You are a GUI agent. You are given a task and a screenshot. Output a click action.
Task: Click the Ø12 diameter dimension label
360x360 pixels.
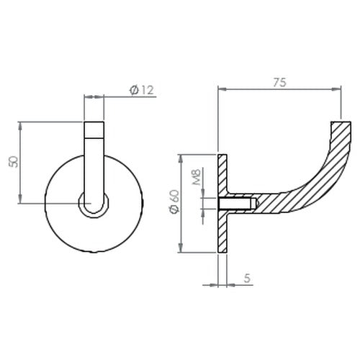(141, 90)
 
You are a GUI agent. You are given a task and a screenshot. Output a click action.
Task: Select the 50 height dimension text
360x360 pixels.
(13, 162)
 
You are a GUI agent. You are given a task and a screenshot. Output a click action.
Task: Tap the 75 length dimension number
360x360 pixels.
(279, 82)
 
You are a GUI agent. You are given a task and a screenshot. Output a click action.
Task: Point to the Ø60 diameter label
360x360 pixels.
(174, 202)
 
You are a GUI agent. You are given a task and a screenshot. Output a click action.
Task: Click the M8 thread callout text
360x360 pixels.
(197, 177)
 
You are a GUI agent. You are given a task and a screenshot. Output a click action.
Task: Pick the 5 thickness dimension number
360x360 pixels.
(247, 278)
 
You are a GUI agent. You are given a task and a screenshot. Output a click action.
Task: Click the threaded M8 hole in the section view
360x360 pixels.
(237, 203)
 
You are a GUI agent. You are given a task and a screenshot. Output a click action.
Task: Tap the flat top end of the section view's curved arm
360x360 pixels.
(341, 122)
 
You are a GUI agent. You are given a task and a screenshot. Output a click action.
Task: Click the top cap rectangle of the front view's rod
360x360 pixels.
(94, 130)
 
